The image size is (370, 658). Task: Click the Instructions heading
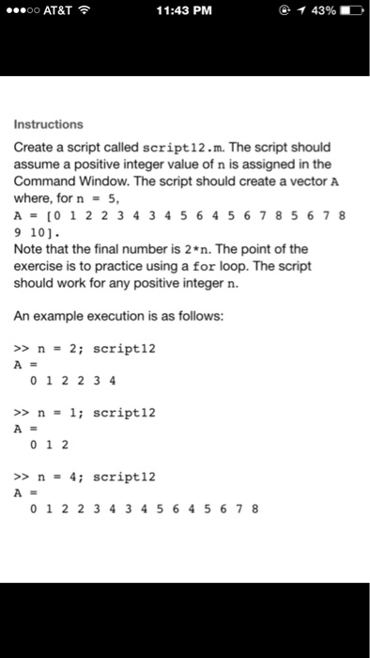48,124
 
